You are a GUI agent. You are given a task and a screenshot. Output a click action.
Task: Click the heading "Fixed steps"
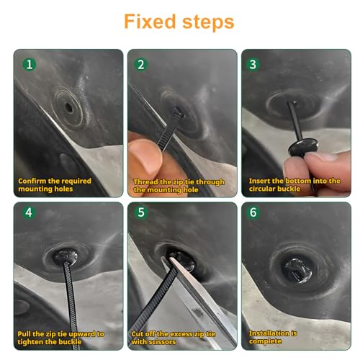(179, 21)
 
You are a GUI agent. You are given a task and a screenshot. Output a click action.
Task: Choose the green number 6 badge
(253, 214)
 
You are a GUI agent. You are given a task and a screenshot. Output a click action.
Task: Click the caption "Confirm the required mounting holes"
(55, 185)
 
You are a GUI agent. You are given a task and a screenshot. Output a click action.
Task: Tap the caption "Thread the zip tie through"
(179, 182)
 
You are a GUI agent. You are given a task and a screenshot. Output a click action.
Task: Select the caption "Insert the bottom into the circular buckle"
(294, 185)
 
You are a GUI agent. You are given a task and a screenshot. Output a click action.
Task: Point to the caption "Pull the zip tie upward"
(61, 334)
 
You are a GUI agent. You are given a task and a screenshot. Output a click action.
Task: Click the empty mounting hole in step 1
(68, 107)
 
